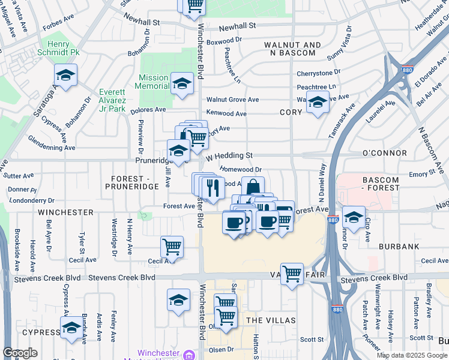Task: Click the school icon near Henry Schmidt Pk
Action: click(66, 76)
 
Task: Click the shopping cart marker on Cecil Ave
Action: click(172, 247)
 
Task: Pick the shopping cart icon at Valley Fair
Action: click(292, 274)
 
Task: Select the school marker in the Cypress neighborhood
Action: click(71, 328)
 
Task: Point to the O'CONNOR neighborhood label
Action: click(385, 154)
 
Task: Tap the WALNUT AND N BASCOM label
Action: click(292, 49)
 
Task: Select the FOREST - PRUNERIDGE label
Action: click(134, 182)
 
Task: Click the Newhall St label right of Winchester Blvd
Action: click(237, 26)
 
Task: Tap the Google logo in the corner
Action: click(20, 353)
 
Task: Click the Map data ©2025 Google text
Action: click(411, 355)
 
